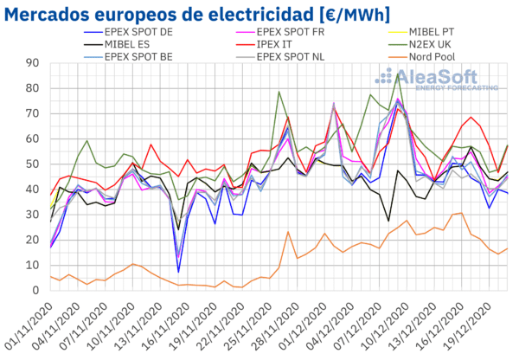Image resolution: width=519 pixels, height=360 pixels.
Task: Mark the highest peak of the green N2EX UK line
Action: [397, 74]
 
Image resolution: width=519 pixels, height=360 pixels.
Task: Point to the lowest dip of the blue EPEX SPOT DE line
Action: [179, 272]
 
